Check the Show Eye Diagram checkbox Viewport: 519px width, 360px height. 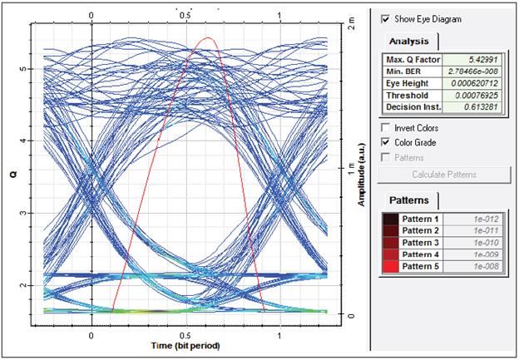(385, 18)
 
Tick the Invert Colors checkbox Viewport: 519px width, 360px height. (385, 128)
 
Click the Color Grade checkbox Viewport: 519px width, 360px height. (385, 142)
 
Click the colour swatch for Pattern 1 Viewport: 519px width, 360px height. (390, 219)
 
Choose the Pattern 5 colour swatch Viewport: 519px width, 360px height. (390, 266)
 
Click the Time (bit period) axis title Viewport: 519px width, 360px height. (186, 345)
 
